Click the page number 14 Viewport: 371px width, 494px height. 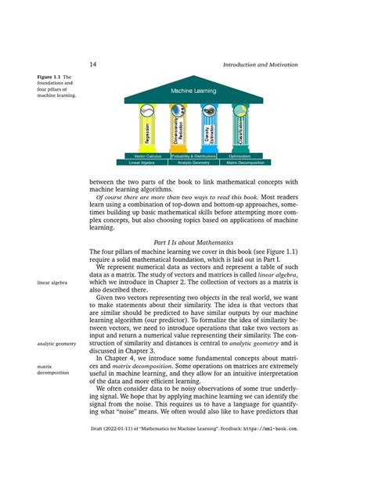click(92, 64)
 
